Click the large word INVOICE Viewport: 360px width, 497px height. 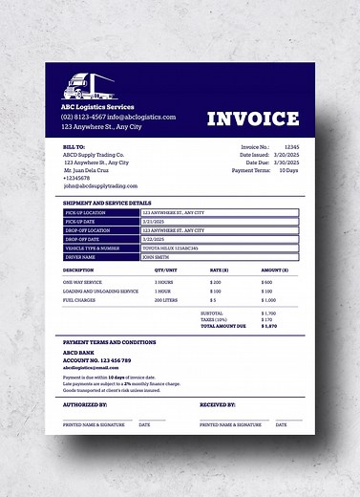click(x=252, y=118)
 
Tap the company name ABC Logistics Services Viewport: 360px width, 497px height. click(x=97, y=106)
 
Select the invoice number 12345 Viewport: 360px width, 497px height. click(x=291, y=146)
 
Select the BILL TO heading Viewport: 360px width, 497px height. click(x=74, y=146)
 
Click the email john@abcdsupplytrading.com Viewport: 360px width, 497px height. click(x=100, y=185)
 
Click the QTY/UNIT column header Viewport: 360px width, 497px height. click(x=166, y=270)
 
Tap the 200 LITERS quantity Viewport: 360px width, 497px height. click(x=166, y=299)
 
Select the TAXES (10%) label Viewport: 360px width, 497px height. click(x=214, y=319)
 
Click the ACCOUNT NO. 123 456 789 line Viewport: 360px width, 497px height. click(x=97, y=360)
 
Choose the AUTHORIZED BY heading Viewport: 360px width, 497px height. click(x=85, y=404)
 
